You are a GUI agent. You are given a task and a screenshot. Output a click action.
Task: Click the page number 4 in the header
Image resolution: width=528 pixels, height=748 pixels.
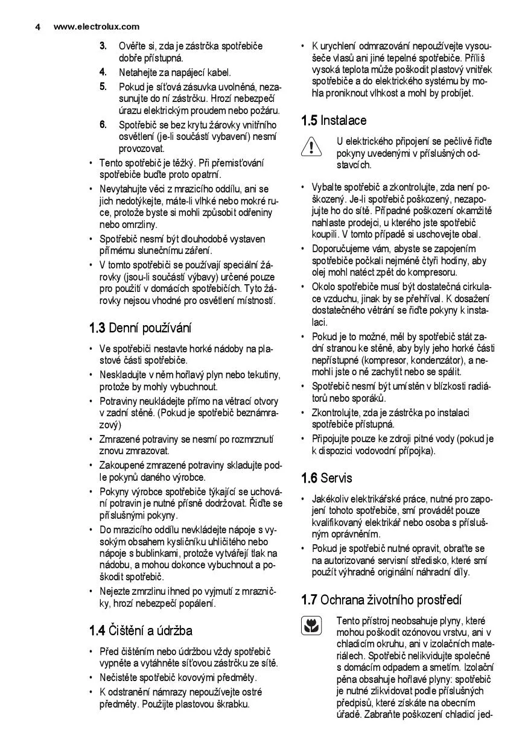coord(37,27)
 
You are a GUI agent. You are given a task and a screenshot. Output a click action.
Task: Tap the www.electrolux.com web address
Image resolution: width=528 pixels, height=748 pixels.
coord(97,27)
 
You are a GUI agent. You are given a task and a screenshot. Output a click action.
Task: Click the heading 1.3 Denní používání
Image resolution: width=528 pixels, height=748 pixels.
coord(141,328)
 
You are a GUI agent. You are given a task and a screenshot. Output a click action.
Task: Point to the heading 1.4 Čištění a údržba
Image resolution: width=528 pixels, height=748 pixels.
coord(141,631)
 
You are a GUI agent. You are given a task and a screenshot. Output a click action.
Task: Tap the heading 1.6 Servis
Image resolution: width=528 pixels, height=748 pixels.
coord(326,478)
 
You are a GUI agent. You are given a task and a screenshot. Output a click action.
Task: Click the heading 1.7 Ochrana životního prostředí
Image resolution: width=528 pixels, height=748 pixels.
coord(381,600)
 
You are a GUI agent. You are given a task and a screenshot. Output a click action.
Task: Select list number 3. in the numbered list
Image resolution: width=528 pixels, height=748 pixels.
coord(103,46)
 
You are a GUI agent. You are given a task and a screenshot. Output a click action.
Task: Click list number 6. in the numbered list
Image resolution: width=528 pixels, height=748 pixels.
coord(103,125)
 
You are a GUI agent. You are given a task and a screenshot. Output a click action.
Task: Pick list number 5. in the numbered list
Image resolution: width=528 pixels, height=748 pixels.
coord(103,86)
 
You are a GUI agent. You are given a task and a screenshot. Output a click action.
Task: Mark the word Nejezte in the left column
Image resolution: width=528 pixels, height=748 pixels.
coord(115,591)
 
